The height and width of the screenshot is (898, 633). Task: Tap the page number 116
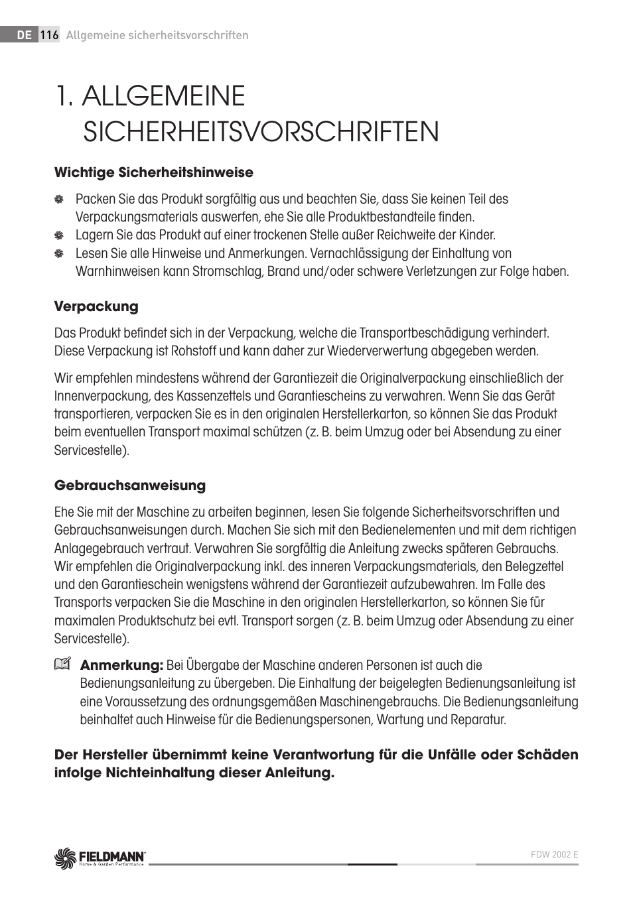click(50, 36)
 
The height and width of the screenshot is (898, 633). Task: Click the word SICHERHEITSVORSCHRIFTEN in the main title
click(261, 131)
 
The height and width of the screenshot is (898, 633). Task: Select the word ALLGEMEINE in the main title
click(163, 96)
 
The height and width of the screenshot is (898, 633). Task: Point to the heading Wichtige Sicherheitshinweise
click(153, 172)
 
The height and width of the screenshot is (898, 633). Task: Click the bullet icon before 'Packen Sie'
click(59, 200)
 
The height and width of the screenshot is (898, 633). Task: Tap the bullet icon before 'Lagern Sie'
click(59, 235)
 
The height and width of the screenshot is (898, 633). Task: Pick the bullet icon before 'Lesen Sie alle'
click(59, 253)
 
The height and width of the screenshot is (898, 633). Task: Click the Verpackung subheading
click(96, 306)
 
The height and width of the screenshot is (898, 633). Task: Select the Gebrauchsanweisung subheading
click(130, 485)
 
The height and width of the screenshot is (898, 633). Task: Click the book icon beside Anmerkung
click(62, 664)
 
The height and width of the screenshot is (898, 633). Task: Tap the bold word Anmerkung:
click(121, 665)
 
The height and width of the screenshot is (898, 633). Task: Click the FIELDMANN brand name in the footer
click(113, 855)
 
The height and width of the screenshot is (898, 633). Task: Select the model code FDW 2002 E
click(555, 854)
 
